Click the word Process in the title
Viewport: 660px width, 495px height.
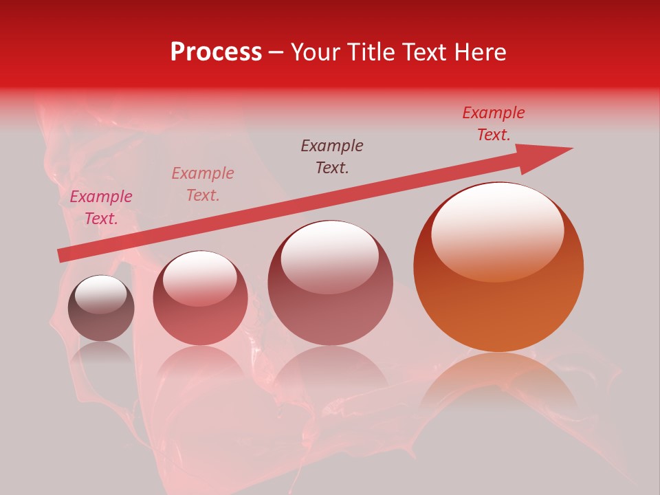[x=216, y=52]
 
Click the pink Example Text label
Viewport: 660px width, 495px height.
[x=101, y=208]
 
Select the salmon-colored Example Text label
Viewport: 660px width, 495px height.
[x=203, y=184]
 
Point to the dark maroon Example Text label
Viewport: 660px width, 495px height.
[x=332, y=157]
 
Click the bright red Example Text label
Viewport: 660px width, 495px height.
[x=493, y=124]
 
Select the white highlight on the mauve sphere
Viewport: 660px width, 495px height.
[x=330, y=256]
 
